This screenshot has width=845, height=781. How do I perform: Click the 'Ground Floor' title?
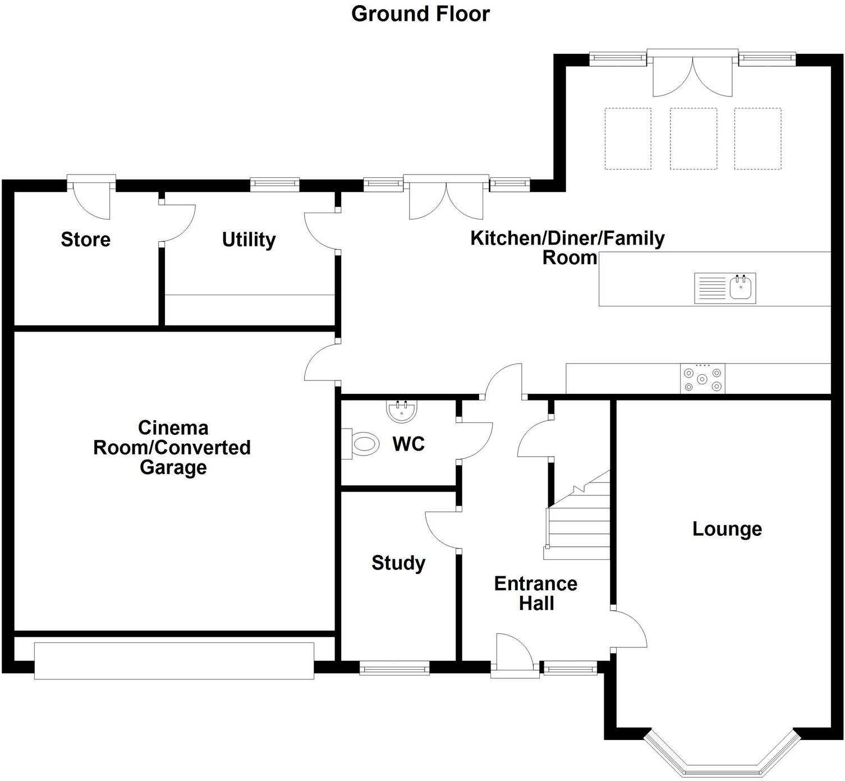tap(420, 14)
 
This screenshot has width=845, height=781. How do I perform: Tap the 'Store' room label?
tap(85, 240)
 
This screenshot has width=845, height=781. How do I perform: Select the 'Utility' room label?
tap(249, 240)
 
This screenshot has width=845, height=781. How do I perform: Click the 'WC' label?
tap(408, 444)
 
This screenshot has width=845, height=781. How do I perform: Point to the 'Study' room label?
tap(398, 563)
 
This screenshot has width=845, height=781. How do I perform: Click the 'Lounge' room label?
tap(727, 529)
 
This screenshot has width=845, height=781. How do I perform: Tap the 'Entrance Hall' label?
tap(536, 593)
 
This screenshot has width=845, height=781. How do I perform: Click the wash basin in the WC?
tap(402, 410)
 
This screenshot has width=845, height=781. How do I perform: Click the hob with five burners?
tap(702, 379)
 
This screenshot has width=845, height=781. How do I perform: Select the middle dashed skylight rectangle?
tap(693, 139)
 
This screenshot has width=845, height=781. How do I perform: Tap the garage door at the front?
tap(174, 660)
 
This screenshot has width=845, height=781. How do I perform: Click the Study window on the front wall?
tap(394, 668)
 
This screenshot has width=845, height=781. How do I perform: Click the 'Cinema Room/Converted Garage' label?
tap(172, 447)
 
